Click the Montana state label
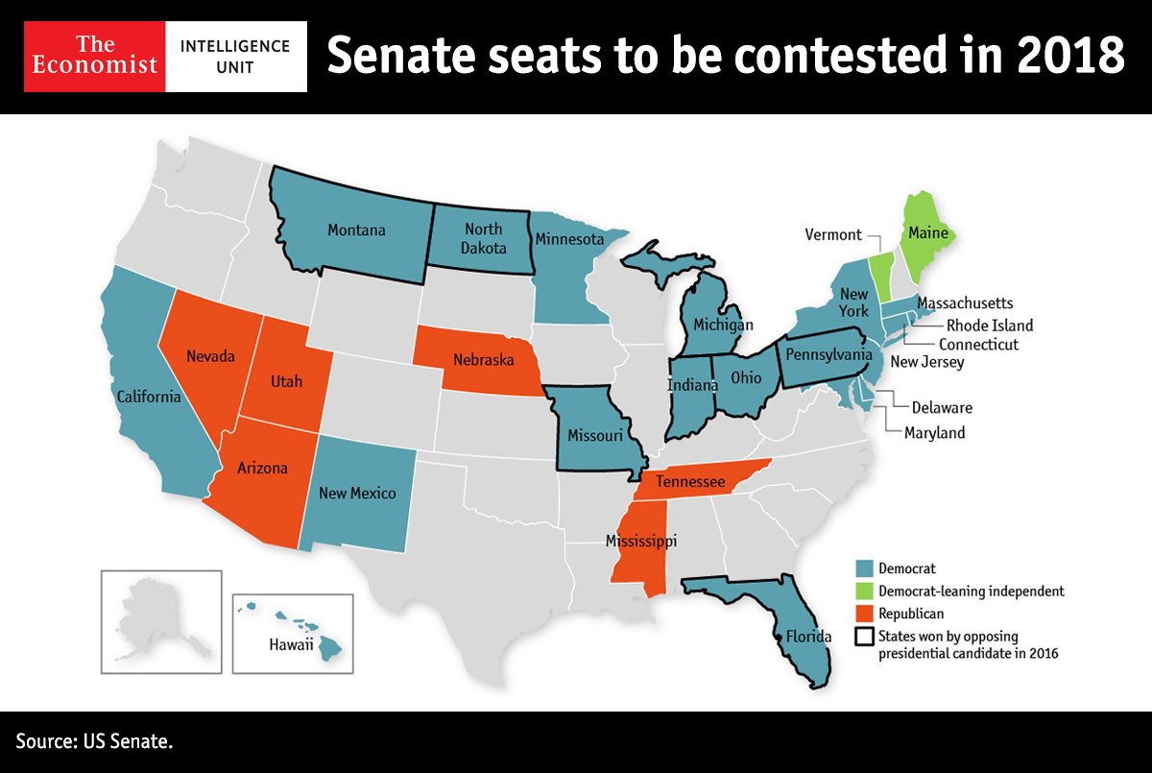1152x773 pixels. [356, 230]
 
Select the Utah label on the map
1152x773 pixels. [285, 381]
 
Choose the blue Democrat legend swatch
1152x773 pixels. [864, 568]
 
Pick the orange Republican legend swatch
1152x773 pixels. [864, 614]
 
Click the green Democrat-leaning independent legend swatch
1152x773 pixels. [864, 591]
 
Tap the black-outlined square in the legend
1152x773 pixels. [864, 637]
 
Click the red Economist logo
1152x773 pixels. [94, 57]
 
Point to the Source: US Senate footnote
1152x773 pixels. [94, 741]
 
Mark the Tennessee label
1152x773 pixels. [690, 482]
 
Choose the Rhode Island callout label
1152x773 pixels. [989, 325]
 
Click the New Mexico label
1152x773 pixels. [356, 494]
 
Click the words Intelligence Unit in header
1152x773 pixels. [235, 57]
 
